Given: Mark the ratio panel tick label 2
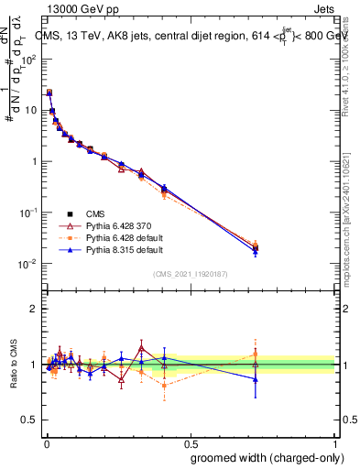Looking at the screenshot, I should click(34, 309).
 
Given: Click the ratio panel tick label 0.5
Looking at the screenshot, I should click(29, 421).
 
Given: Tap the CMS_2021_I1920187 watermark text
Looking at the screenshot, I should click(191, 274).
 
